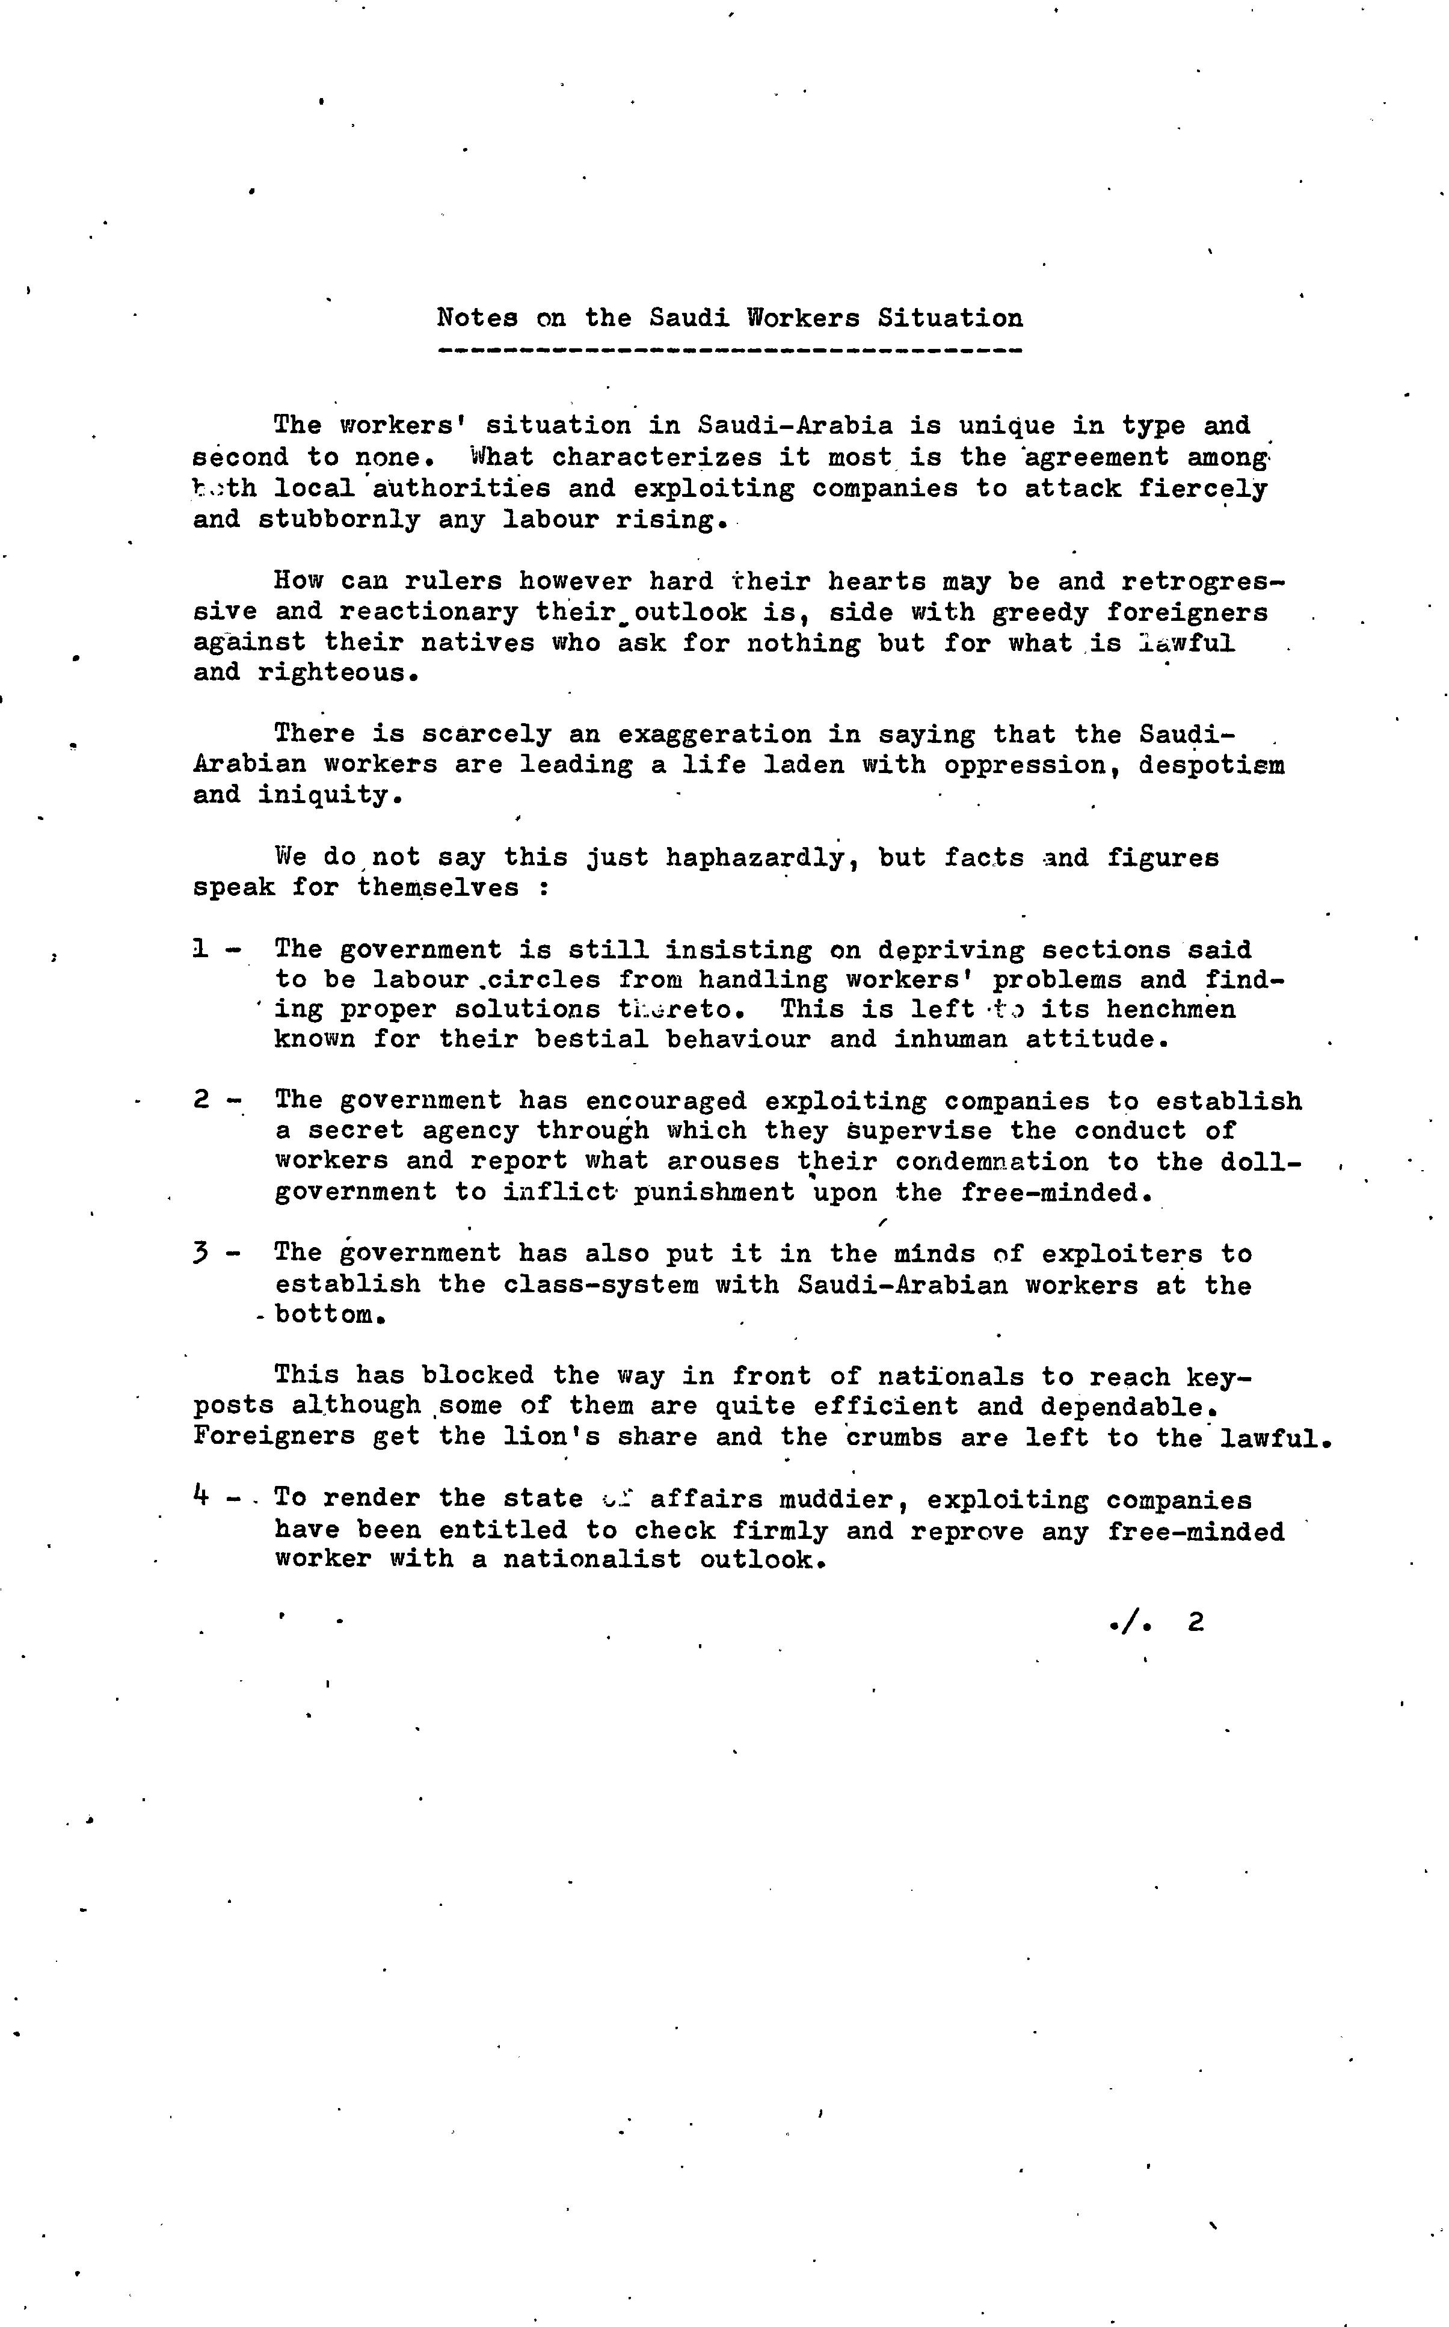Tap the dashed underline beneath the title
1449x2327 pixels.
(729, 351)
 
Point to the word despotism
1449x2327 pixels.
(1211, 765)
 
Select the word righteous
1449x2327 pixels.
(337, 673)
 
